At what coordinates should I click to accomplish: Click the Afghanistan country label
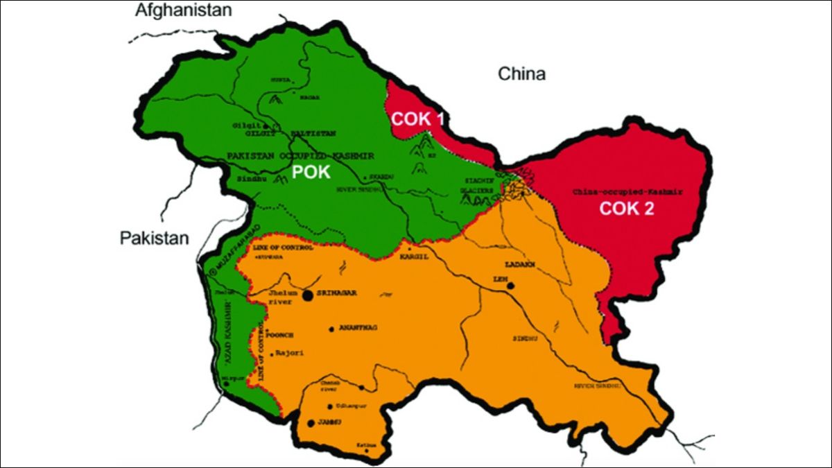pyautogui.click(x=184, y=10)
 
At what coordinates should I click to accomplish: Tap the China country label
pyautogui.click(x=522, y=73)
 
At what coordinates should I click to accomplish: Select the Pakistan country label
pyautogui.click(x=154, y=239)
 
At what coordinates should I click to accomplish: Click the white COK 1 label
pyautogui.click(x=417, y=118)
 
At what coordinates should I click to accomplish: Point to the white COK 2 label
pyautogui.click(x=627, y=208)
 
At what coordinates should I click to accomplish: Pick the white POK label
pyautogui.click(x=311, y=172)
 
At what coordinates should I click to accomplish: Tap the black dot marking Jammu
pyautogui.click(x=311, y=422)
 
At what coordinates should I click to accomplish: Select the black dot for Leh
pyautogui.click(x=510, y=285)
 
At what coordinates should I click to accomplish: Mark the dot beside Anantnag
pyautogui.click(x=332, y=328)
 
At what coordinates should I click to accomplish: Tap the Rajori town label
pyautogui.click(x=290, y=353)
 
